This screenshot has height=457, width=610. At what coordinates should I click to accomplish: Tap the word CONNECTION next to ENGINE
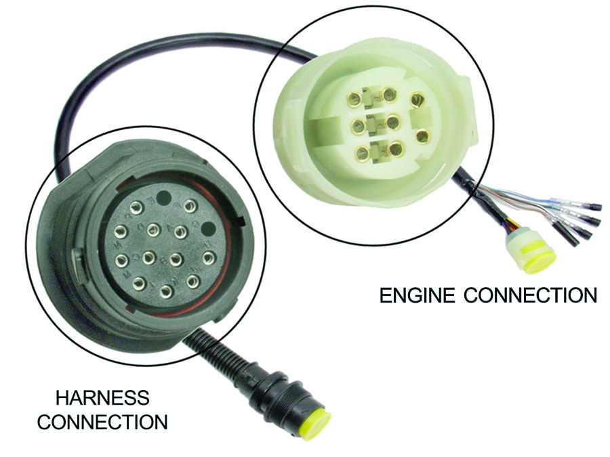(530, 296)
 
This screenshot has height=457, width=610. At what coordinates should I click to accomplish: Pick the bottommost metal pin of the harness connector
(164, 292)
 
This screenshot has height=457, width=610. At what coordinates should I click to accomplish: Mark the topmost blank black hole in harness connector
(163, 199)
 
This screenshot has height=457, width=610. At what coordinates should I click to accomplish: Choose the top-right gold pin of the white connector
(418, 100)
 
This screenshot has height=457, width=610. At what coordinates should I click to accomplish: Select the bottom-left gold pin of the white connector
(362, 153)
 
